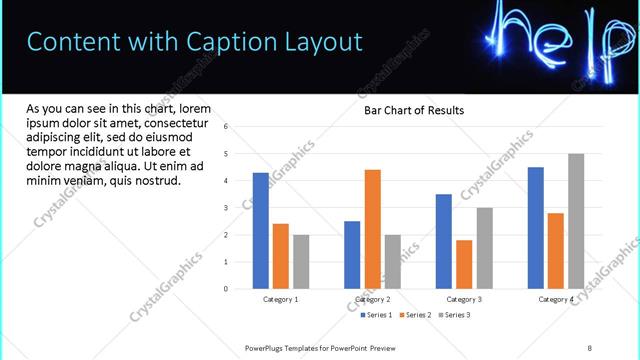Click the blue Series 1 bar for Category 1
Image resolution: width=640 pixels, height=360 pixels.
(261, 230)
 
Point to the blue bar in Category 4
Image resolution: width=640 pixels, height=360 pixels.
(536, 227)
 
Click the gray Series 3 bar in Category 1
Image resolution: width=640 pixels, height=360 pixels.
(301, 261)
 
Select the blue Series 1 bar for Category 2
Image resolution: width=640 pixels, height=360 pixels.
(352, 254)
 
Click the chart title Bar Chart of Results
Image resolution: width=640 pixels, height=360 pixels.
(413, 111)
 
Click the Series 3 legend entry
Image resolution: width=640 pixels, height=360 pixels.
(456, 315)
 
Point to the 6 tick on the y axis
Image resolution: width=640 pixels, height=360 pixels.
(227, 127)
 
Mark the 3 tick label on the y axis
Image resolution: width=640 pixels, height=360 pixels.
(227, 208)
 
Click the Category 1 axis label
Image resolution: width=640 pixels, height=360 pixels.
(281, 299)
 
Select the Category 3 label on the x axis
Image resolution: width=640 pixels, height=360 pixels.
(464, 299)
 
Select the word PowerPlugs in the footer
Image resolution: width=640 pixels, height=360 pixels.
(266, 347)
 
